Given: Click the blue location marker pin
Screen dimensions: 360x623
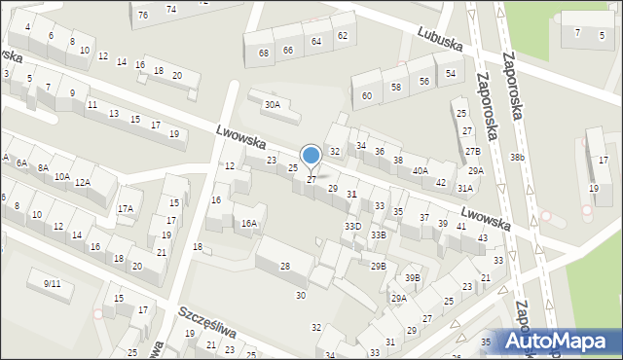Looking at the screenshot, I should (311, 155).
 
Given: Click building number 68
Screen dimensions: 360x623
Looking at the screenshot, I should (264, 53).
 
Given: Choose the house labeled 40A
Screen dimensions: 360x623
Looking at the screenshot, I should (420, 170).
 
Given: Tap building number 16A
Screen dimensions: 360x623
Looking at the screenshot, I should (249, 223).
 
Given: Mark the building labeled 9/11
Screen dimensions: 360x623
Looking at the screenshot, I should (52, 283).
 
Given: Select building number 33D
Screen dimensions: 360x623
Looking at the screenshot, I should (352, 226).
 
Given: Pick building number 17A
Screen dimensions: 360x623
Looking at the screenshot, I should (126, 208).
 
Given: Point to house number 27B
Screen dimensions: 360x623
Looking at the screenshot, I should (472, 151).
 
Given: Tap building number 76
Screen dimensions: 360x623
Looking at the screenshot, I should (143, 15).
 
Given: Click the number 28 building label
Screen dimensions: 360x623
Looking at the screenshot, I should (285, 266).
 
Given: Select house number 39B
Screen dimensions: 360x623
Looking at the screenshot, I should (413, 277).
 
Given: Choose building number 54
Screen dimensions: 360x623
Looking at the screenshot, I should (449, 73).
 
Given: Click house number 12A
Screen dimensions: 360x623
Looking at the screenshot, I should (83, 182).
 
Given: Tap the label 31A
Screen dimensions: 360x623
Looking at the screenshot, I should (465, 188).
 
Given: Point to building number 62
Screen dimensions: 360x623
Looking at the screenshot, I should (342, 35).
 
